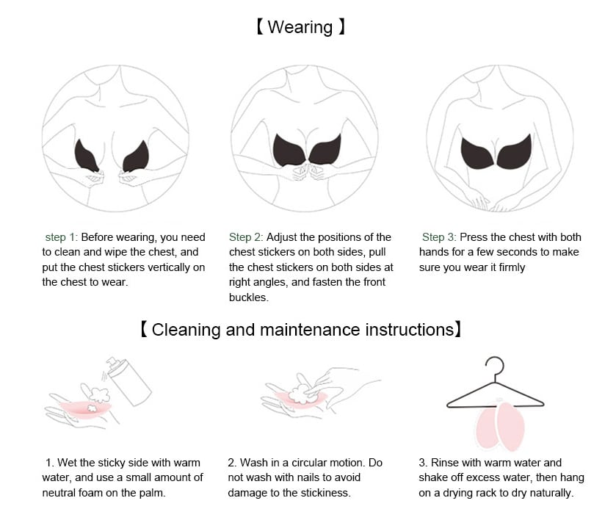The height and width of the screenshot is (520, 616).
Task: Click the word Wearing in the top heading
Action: click(300, 27)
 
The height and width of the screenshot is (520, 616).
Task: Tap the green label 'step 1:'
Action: click(62, 237)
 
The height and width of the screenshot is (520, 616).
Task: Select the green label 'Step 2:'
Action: click(246, 237)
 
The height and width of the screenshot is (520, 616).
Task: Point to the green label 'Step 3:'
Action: click(439, 237)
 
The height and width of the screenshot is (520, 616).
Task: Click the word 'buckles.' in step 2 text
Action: click(249, 297)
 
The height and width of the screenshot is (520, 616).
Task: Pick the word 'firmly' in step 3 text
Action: click(512, 267)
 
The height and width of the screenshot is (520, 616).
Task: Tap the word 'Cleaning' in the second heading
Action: click(186, 330)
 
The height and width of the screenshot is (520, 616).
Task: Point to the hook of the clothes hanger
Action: click(496, 366)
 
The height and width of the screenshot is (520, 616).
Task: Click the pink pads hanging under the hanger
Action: click(500, 426)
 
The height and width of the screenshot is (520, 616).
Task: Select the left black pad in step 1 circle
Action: click(87, 156)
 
